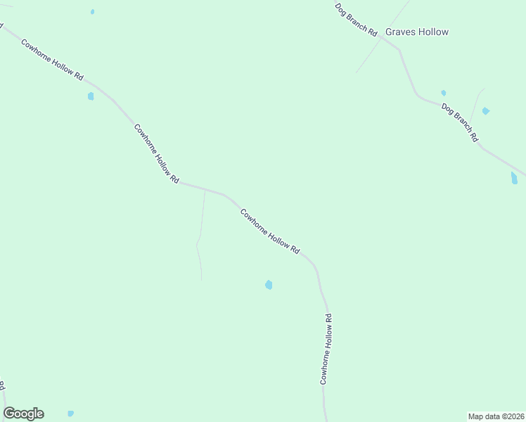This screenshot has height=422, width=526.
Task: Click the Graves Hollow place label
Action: tap(417, 32)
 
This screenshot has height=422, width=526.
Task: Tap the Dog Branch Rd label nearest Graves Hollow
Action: tap(357, 19)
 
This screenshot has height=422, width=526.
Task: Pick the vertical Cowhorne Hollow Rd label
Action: tap(326, 349)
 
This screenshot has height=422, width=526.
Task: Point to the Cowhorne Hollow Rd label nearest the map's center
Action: tap(270, 231)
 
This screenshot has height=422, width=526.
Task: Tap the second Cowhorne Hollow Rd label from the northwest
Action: tap(156, 153)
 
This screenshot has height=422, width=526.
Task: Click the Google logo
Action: tap(23, 414)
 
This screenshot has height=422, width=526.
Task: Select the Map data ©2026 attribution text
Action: tap(496, 416)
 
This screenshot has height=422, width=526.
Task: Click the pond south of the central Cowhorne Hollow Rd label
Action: tap(269, 285)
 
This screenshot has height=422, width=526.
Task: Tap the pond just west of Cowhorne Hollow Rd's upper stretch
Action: tap(91, 96)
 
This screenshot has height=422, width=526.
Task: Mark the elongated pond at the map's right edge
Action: tap(514, 178)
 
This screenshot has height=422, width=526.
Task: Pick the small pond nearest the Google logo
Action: tap(70, 414)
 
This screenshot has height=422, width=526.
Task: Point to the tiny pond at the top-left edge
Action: tap(92, 12)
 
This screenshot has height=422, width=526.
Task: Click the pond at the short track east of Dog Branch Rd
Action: tap(485, 111)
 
